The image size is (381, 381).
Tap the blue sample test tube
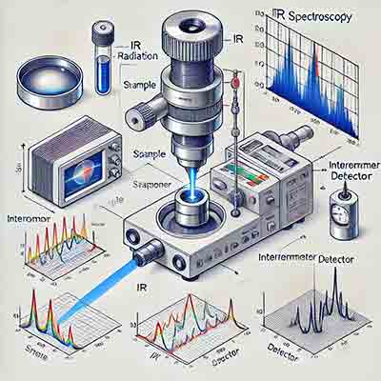click(x=103, y=60)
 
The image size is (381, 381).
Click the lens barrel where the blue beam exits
click(x=145, y=254)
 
